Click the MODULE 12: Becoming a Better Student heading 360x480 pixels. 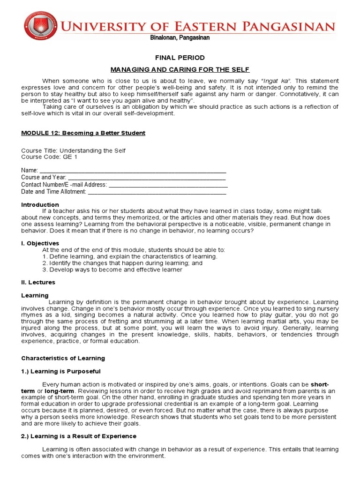tap(83, 133)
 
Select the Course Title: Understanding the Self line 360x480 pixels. tap(74, 150)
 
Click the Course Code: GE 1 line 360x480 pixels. tap(49, 157)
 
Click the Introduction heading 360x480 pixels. tap(40, 205)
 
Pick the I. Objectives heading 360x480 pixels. tap(40, 243)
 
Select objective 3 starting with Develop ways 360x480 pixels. tap(112, 270)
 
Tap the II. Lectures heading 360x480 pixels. tap(38, 282)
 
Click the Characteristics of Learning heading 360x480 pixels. tap(63, 358)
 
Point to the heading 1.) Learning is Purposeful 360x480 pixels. tap(61, 371)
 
